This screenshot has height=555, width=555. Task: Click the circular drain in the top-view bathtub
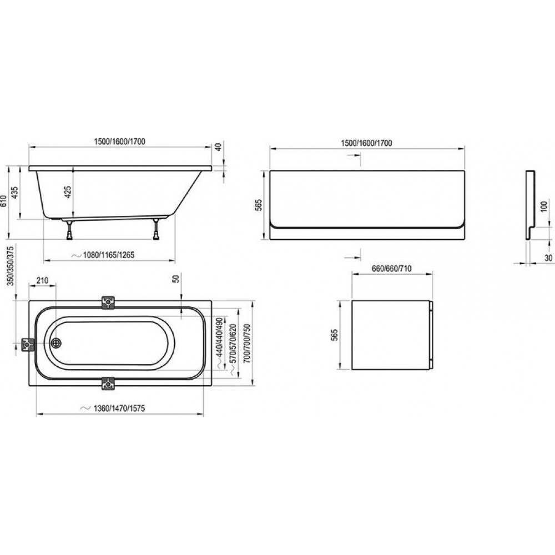pos(56,343)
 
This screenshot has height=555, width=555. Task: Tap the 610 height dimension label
pos(4,201)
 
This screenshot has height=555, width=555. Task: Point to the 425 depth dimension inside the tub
pos(68,191)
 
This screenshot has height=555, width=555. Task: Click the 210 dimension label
pos(42,281)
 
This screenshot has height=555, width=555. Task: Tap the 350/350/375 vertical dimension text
pos(11,266)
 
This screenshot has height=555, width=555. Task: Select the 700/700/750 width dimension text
pos(247,344)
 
